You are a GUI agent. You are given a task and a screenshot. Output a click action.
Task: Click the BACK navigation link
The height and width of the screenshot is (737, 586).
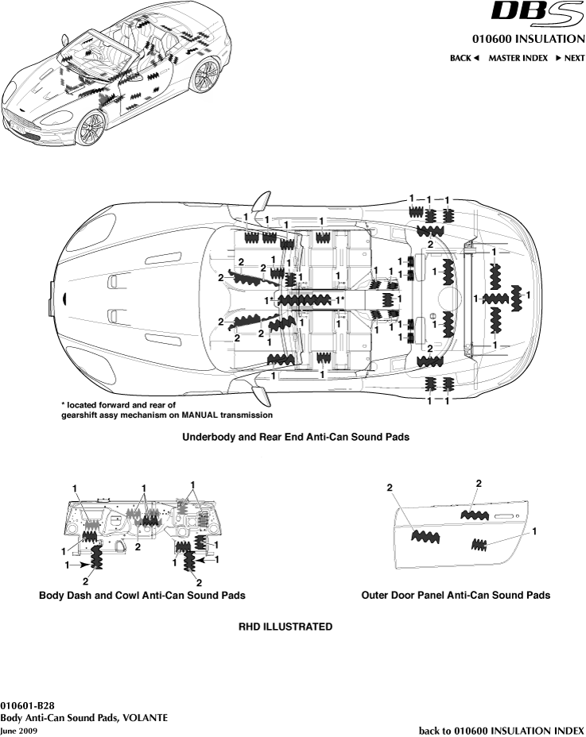464,58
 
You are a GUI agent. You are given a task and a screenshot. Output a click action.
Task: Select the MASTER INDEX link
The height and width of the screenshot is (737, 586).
518,58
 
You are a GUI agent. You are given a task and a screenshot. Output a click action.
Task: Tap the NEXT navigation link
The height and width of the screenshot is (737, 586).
570,58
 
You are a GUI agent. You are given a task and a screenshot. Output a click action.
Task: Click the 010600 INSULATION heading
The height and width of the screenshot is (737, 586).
528,39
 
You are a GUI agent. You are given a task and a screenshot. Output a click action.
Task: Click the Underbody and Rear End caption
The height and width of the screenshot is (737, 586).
295,437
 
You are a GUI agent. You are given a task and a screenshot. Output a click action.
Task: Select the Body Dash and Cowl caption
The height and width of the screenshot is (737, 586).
142,595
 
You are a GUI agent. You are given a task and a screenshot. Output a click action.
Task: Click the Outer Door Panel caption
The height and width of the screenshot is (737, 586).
455,595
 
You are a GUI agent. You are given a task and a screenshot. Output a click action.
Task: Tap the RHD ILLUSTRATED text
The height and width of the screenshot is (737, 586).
285,627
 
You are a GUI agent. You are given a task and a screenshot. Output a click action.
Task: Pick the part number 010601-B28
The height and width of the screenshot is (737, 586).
28,705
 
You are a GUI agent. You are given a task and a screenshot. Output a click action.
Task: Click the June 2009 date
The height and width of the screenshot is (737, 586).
18,729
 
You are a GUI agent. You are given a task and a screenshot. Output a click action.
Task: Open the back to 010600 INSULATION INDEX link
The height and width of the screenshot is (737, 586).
501,729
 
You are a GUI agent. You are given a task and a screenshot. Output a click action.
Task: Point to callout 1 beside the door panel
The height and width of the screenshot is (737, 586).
534,530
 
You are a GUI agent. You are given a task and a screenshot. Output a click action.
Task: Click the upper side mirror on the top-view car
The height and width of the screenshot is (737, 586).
262,199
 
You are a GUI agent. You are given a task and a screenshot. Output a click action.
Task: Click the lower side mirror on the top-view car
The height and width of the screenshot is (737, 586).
260,393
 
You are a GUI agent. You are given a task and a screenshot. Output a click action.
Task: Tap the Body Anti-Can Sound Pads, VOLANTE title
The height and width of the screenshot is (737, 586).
83,717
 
